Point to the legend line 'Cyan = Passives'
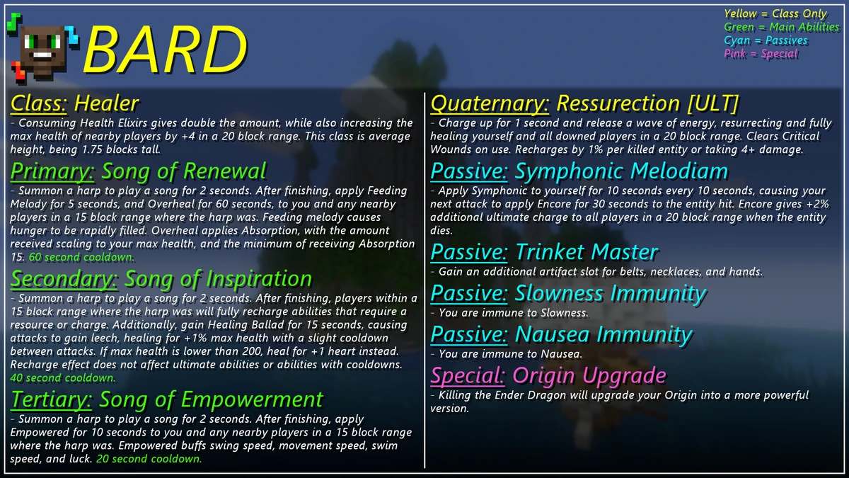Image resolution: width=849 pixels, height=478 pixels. pyautogui.click(x=766, y=40)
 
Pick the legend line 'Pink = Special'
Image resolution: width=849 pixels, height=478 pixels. pyautogui.click(x=761, y=54)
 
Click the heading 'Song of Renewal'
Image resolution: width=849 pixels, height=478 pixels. pyautogui.click(x=184, y=171)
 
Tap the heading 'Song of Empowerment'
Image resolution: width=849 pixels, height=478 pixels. pyautogui.click(x=211, y=399)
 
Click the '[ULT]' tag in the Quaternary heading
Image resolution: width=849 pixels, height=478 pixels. pyautogui.click(x=712, y=104)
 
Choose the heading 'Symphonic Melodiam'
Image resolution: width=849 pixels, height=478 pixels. pyautogui.click(x=621, y=171)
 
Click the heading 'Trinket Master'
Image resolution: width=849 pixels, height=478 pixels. pyautogui.click(x=587, y=252)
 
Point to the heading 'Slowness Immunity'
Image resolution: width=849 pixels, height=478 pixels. pyautogui.click(x=610, y=293)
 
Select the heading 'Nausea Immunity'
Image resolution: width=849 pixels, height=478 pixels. pyautogui.click(x=603, y=334)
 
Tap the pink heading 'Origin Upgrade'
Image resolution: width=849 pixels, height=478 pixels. pyautogui.click(x=589, y=375)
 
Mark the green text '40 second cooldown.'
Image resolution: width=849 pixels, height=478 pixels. pyautogui.click(x=63, y=378)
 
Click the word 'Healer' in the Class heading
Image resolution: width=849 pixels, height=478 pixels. pyautogui.click(x=106, y=104)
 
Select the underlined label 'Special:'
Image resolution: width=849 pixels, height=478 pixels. pyautogui.click(x=468, y=375)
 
